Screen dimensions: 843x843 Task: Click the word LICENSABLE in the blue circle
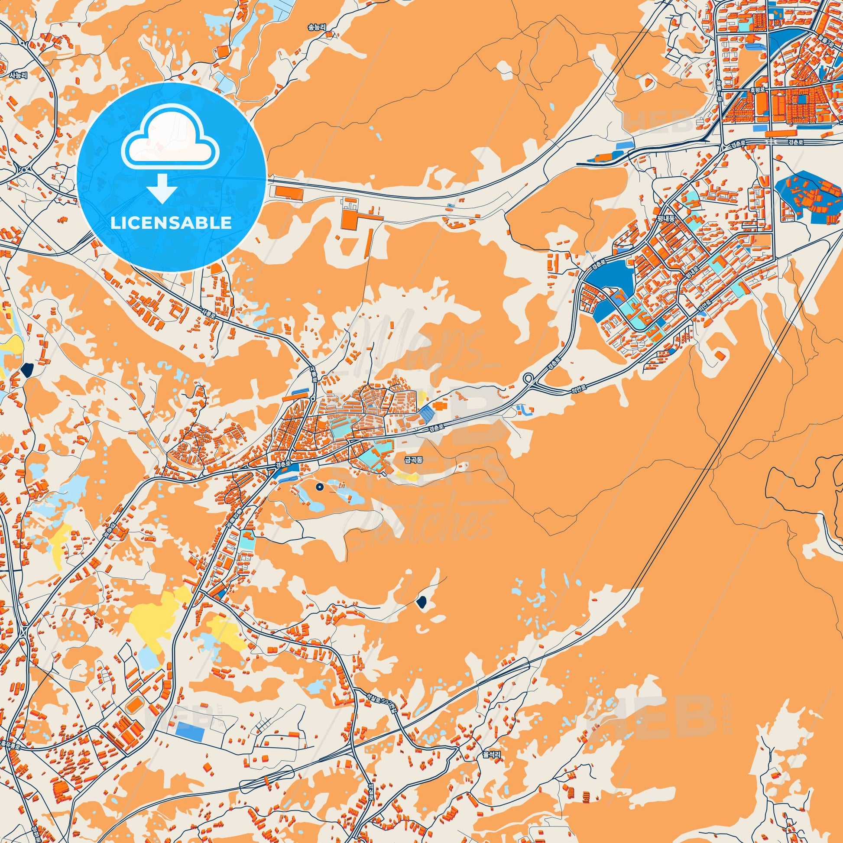point(171,223)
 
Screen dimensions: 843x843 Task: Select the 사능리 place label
point(18,75)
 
